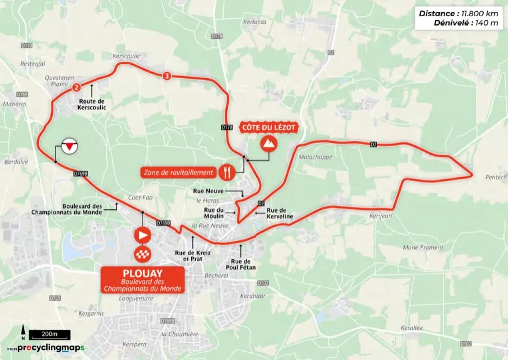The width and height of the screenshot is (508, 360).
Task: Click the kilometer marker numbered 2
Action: [x=77, y=87]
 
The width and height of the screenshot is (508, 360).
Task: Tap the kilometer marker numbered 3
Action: [x=167, y=76]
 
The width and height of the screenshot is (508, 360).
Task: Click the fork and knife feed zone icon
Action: [x=226, y=171]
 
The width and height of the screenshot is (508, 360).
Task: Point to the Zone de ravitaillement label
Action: [x=178, y=172]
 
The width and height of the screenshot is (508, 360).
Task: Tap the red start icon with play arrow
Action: [x=142, y=234]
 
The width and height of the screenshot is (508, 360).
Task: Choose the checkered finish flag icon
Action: [x=142, y=255]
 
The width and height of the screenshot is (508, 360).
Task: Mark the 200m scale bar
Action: [x=50, y=334]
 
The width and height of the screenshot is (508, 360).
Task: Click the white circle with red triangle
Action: [x=69, y=146]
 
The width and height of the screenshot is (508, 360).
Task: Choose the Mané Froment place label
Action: [x=423, y=247]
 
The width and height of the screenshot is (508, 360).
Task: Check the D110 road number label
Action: [x=27, y=45]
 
